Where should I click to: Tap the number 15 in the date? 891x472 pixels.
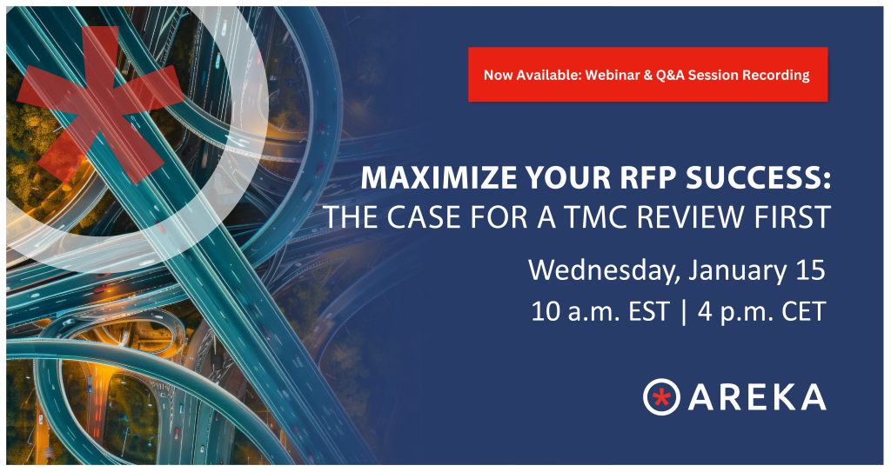[x=810, y=269]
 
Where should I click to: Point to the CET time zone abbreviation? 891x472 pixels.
[x=803, y=312]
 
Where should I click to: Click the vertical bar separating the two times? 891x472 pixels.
[x=683, y=312]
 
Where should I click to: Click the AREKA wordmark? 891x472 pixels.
[x=757, y=396]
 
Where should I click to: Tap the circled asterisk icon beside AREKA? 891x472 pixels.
[x=661, y=396]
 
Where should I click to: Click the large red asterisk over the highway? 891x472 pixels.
[x=99, y=105]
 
